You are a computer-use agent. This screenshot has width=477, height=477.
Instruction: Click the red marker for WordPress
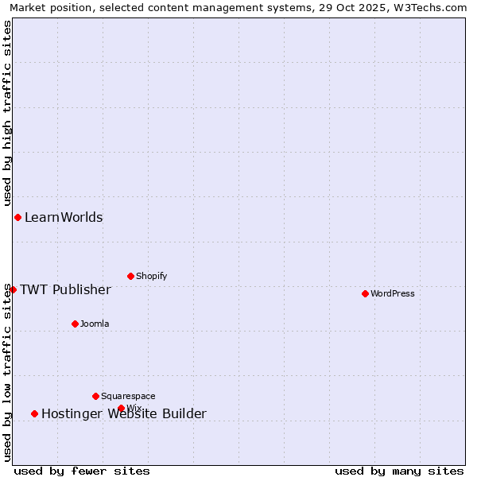[x=365, y=293]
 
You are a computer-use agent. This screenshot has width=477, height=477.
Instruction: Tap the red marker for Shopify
[x=130, y=276]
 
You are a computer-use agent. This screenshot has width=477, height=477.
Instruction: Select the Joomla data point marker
[x=75, y=324]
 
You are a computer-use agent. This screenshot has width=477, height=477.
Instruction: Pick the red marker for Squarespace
[x=95, y=396]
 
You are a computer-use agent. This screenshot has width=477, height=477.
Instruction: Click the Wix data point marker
[x=121, y=408]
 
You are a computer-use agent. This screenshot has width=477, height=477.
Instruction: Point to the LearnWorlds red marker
[x=17, y=217]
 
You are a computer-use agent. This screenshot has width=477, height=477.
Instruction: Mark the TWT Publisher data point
[x=13, y=289]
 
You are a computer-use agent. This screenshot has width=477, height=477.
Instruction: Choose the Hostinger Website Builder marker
[x=34, y=413]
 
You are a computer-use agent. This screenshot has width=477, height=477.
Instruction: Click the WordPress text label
[x=393, y=293]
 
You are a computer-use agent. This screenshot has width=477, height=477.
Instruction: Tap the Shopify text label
[x=152, y=276]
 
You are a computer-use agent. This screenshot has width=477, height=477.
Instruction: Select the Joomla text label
[x=95, y=324]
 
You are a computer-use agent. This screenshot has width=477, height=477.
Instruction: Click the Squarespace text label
[x=128, y=396]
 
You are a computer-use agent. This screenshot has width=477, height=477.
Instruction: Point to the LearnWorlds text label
[x=64, y=217]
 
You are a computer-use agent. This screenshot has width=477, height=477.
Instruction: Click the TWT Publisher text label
[x=65, y=289]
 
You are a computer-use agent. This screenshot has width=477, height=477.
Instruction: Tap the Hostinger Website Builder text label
[x=124, y=413]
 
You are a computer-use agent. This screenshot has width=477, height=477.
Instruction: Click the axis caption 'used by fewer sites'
[x=82, y=471]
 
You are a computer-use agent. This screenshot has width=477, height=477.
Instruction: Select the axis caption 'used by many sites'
[x=399, y=471]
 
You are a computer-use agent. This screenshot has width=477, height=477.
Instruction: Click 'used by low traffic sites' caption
[x=7, y=372]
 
